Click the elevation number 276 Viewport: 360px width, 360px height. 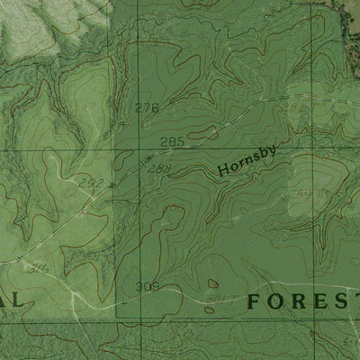pos(146,108)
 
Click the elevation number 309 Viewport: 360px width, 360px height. pos(146,287)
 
